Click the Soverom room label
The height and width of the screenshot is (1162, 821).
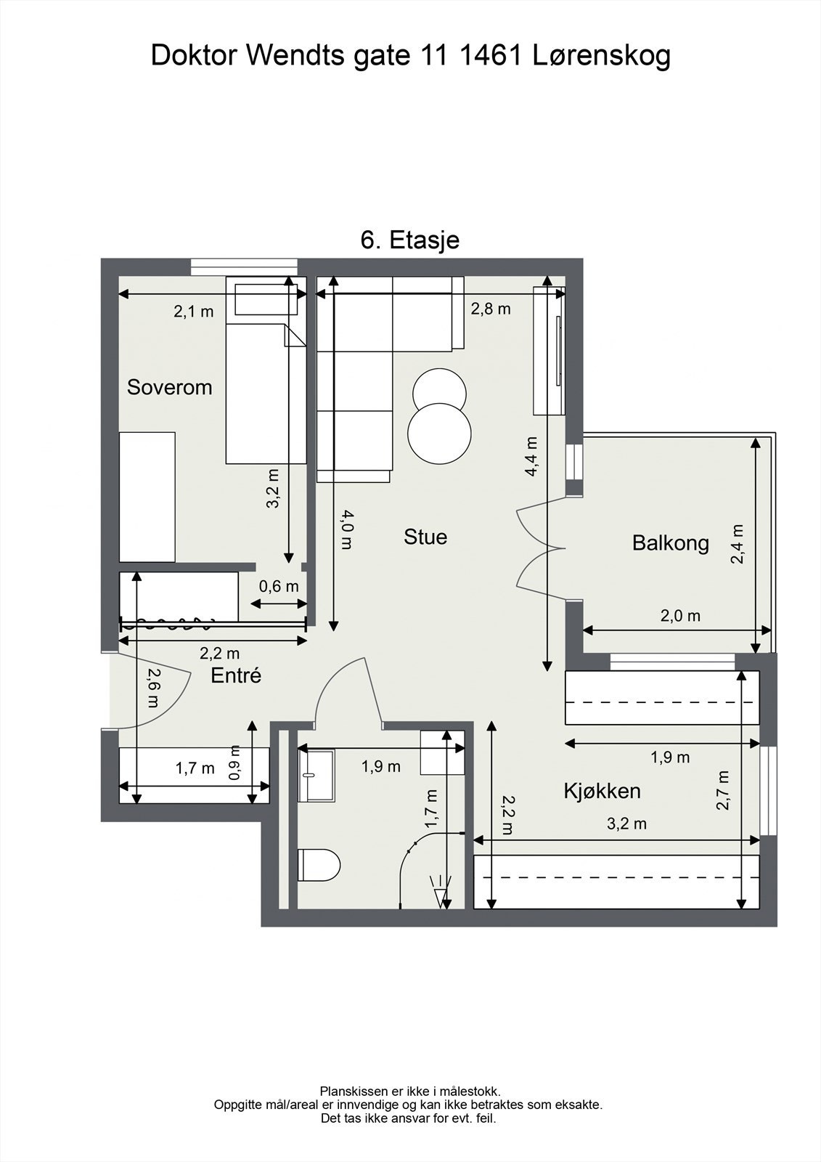point(170,387)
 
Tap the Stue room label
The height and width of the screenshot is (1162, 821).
point(425,537)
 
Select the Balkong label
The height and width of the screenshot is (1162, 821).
point(670,543)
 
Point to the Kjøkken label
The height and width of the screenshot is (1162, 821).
point(602,791)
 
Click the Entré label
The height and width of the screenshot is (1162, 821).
point(236,675)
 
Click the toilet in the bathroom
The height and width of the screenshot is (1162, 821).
point(319,865)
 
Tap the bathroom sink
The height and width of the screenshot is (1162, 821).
point(316,775)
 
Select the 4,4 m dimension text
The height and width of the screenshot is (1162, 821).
point(531,457)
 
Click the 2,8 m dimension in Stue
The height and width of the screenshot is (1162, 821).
point(491,309)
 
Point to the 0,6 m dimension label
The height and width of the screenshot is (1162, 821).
point(279,586)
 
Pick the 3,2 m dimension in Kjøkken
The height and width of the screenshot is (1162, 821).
point(626,824)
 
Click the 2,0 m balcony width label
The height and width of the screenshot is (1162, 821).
point(680,616)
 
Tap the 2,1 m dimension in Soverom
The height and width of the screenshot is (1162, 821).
point(193,312)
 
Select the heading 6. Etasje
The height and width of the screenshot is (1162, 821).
point(409,240)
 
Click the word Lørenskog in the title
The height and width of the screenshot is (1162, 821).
point(602,55)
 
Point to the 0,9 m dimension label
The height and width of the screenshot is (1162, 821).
point(235,763)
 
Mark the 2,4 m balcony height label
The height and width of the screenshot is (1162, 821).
point(737,544)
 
